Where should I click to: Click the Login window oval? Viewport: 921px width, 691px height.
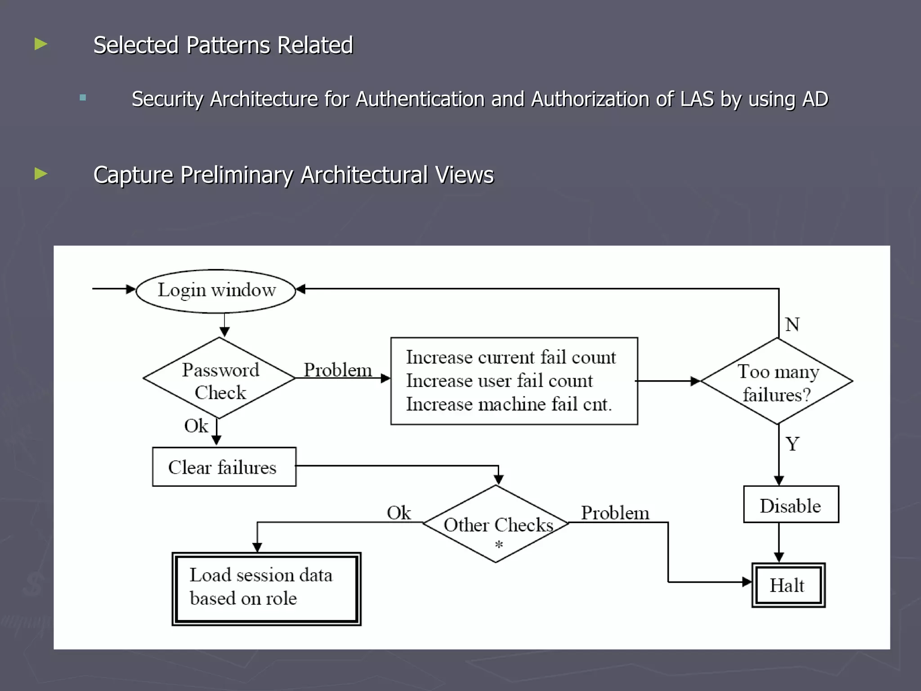pos(216,291)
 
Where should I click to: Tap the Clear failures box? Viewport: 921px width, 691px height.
pos(224,467)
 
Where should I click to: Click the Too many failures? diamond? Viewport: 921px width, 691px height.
pos(777,381)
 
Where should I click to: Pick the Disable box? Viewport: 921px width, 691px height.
pos(791,505)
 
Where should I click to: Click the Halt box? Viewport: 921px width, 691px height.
pos(788,585)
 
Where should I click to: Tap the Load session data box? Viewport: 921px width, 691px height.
pos(266,588)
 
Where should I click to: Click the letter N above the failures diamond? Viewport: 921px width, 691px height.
pos(792,324)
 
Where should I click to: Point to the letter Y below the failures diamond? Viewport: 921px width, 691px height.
pos(792,444)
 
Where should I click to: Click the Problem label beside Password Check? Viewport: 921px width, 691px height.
pos(338,370)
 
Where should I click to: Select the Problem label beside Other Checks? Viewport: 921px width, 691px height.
pos(615,513)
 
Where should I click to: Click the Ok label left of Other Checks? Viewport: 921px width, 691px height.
pos(398,513)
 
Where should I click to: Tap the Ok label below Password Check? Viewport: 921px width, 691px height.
pos(196,426)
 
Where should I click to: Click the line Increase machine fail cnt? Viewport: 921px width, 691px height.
pos(509,404)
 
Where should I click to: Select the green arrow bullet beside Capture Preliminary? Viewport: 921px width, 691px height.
pos(41,174)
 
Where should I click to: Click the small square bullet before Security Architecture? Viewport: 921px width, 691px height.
pos(83,98)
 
